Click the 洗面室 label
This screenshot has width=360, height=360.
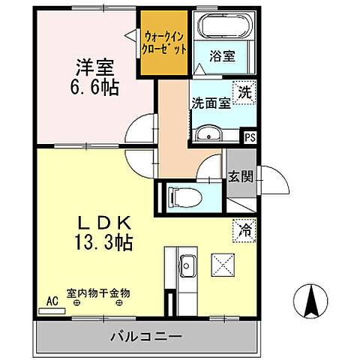tap(210, 103)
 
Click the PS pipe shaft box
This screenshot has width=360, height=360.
tap(250, 136)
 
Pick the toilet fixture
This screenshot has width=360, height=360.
tap(183, 198)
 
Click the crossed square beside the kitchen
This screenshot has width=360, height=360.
tap(223, 265)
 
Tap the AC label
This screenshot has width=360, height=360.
tap(52, 300)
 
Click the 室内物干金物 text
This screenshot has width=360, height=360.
tap(97, 293)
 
